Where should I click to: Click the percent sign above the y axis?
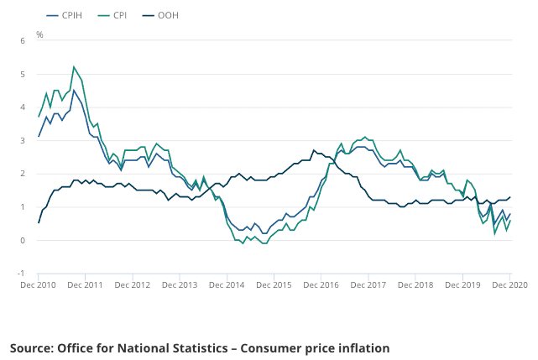coord(39,34)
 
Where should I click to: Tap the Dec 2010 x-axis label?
coord(39,285)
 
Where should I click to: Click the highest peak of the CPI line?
coord(74,66)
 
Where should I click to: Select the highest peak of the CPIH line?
coord(74,90)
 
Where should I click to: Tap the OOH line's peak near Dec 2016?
coord(314,150)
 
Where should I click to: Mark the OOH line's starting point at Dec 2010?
coord(39,222)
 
